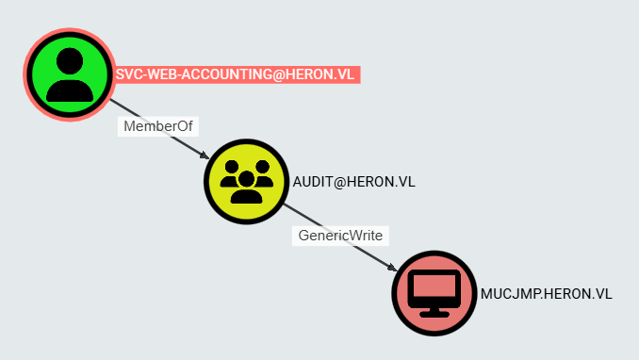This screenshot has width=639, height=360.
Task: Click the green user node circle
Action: coord(70,74)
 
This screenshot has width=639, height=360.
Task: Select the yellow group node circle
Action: coord(247,182)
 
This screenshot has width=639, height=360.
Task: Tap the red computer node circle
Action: coord(434,293)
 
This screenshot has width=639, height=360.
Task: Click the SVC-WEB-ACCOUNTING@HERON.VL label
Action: coord(235,74)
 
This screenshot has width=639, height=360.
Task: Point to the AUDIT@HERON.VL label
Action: coord(353,182)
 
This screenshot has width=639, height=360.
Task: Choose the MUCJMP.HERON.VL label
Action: coord(546,294)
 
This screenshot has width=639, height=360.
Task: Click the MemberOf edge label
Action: coord(158,126)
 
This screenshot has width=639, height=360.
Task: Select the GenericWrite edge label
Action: coord(340,236)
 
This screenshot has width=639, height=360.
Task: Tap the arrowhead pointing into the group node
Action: coord(205,155)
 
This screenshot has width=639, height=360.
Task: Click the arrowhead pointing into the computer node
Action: coord(392,267)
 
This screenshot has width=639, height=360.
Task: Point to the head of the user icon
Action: coord(70,60)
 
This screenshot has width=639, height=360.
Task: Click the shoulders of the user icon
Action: coord(70,90)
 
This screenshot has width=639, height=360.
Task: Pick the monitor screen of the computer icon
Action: coord(434,286)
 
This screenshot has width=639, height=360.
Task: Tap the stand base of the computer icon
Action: coord(434,315)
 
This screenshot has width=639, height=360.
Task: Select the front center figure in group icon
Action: coord(247,188)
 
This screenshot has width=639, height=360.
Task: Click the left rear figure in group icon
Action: coord(231,173)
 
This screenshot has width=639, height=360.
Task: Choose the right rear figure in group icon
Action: coord(262,173)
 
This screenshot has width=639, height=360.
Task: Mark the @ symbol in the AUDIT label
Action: coord(339,182)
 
